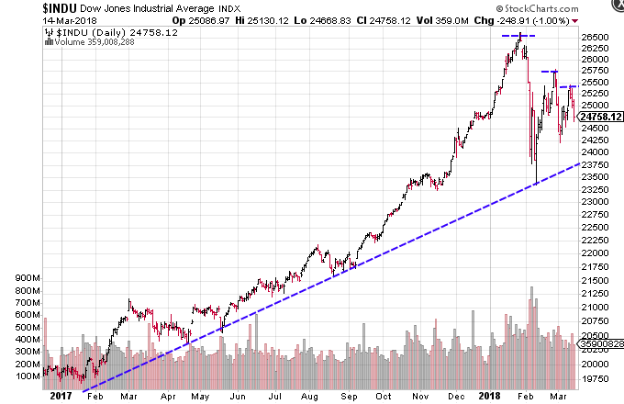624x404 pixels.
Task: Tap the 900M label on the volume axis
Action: tap(22, 276)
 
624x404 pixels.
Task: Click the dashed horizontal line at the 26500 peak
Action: tap(519, 35)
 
